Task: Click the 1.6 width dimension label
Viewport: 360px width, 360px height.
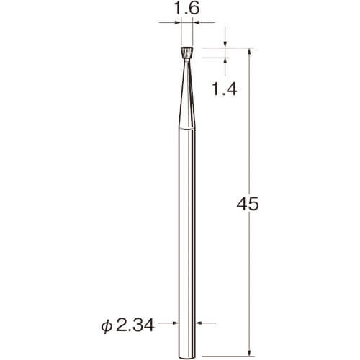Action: tap(186, 9)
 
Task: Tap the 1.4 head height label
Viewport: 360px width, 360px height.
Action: tap(225, 89)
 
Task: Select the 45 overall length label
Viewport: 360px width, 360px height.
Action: tap(248, 204)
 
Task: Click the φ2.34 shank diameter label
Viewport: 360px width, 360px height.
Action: tap(127, 326)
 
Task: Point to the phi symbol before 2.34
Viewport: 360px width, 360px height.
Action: tap(106, 326)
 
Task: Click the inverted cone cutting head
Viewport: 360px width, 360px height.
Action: tap(187, 53)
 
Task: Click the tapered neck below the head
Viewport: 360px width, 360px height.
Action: tap(187, 94)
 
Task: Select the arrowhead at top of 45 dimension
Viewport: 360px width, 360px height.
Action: tap(250, 51)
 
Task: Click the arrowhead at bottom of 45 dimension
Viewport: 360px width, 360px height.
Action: tap(250, 353)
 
